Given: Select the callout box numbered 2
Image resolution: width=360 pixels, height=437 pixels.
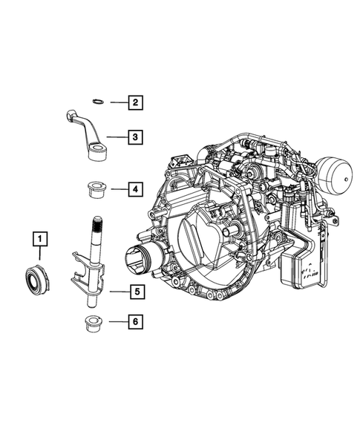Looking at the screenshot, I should point(134,103).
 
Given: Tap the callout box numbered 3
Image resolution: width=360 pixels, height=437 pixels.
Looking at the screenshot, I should point(134,137).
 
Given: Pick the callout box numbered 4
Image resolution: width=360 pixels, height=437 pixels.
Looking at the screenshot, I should point(134,191).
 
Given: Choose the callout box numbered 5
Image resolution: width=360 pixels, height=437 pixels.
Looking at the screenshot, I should point(134,292).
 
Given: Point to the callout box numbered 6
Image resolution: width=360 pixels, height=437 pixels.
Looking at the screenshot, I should point(134,322).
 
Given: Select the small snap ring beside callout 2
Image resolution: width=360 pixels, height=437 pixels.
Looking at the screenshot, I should point(96,102).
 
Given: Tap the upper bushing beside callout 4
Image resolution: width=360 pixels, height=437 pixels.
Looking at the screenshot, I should point(96,190).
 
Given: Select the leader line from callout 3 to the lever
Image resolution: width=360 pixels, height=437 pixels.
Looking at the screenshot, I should point(117,137).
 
